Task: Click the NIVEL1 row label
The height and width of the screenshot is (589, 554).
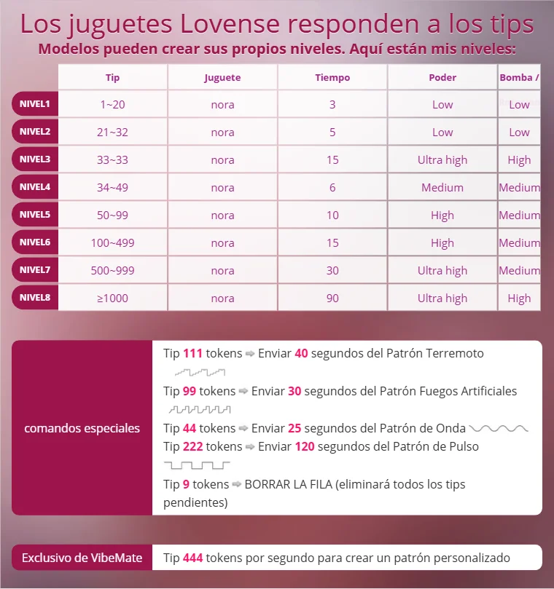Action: pos(35,104)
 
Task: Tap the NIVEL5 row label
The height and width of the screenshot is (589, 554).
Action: pos(35,215)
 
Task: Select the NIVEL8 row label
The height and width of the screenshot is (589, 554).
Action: pos(35,298)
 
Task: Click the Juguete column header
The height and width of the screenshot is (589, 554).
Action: pos(222,77)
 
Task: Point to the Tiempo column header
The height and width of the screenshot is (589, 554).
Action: pos(332,77)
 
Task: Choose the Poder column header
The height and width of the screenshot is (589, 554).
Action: pos(442,77)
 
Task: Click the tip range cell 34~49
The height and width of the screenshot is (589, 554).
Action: pos(112,187)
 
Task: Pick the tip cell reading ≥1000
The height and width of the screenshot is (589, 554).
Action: pos(112,298)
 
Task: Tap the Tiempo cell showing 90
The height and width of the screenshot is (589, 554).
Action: pos(332,298)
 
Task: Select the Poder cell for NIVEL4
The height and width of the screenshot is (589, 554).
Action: pos(442,187)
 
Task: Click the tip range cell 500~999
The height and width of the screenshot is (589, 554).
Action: pos(112,270)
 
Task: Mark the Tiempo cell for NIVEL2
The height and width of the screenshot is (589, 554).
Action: pos(332,132)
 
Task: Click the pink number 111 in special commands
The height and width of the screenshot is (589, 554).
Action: pos(192,353)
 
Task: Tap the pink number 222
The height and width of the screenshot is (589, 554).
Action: pos(192,446)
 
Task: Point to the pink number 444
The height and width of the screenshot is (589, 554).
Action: pos(192,558)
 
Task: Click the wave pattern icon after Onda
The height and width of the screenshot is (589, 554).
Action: pos(499,428)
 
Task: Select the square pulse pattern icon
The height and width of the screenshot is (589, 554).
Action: pos(197,465)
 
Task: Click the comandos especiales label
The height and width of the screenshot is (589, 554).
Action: pos(82,428)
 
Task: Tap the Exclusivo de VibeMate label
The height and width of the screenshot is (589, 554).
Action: pos(82,558)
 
